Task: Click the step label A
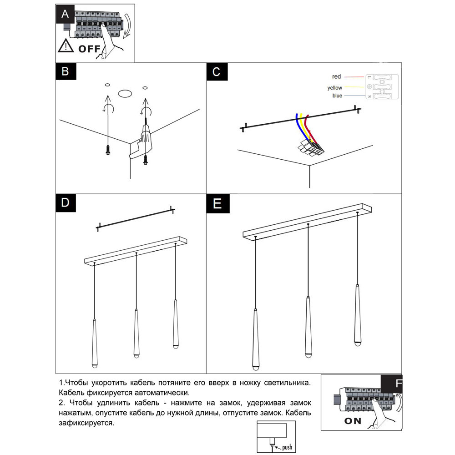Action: click(65, 14)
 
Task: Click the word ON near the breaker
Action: click(353, 420)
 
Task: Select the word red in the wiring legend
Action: click(337, 77)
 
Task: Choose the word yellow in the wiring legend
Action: click(334, 87)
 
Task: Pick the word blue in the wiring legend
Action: click(337, 96)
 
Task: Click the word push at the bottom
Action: click(287, 447)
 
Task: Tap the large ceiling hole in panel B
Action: click(125, 94)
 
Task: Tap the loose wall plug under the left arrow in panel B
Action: click(108, 150)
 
